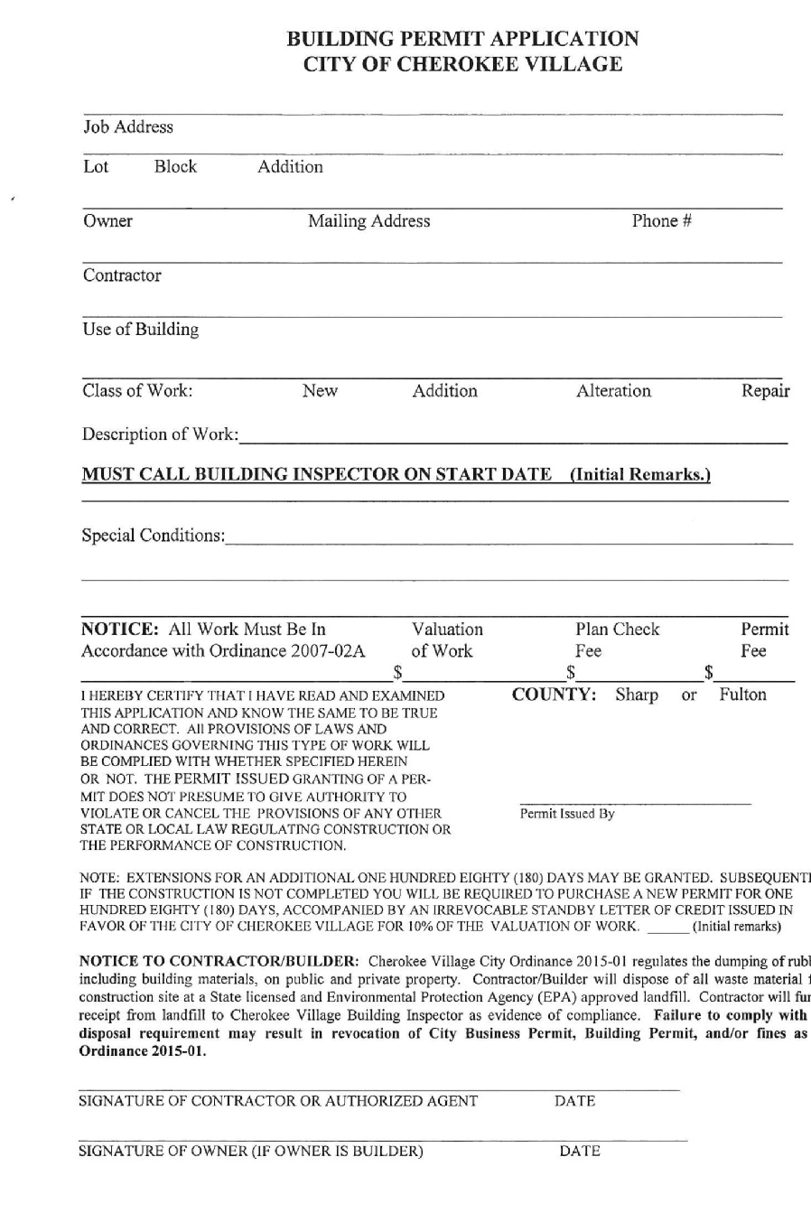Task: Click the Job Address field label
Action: (127, 127)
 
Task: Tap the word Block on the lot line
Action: (175, 167)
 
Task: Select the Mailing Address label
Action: (368, 221)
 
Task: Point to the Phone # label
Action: (661, 221)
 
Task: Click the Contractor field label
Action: (122, 275)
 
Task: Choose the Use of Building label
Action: (141, 330)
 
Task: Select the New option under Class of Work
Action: (320, 391)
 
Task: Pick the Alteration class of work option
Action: (613, 391)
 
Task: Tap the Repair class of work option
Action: (765, 391)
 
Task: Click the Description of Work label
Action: (161, 434)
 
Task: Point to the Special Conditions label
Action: (154, 536)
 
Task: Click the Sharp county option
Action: (637, 695)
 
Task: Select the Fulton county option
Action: (742, 695)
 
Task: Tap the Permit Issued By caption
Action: (566, 814)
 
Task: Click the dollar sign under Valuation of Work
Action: (397, 672)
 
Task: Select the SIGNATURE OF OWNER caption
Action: (251, 1151)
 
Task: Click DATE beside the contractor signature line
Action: (574, 1101)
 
